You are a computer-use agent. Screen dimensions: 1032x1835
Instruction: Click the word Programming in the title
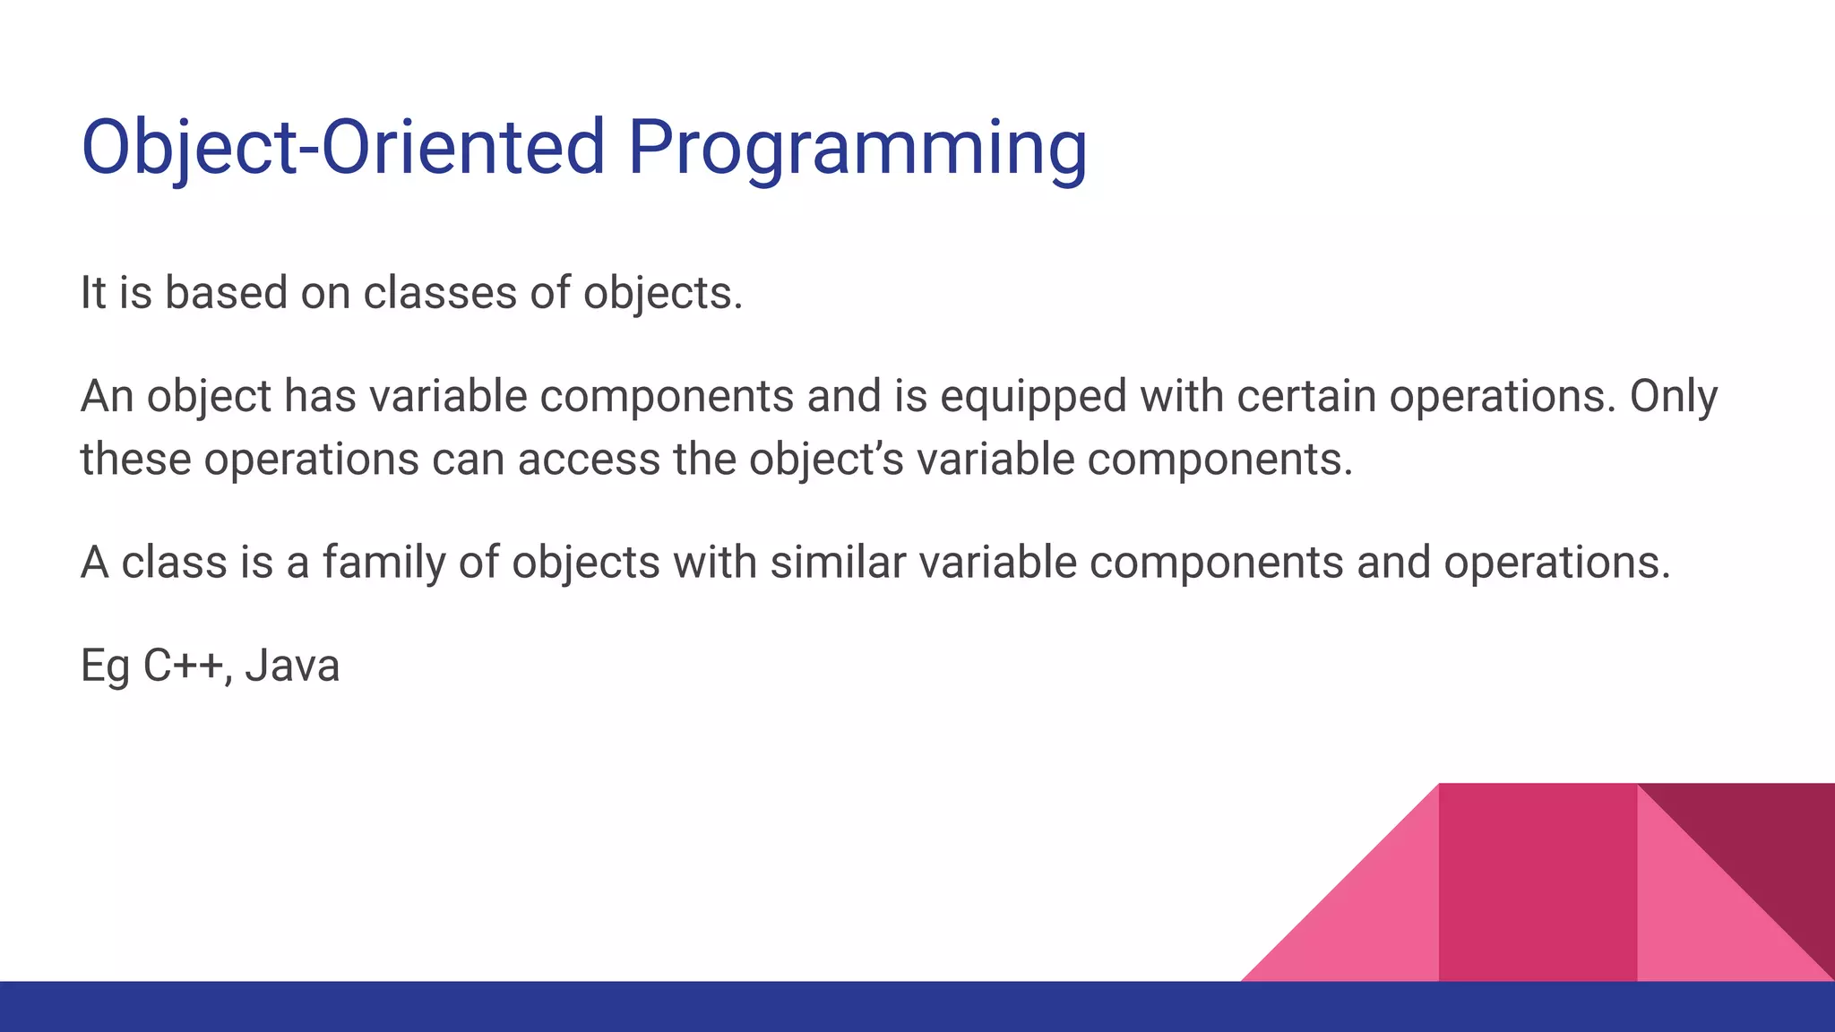pos(857,148)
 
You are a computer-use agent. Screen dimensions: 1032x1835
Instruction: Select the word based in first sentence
pos(225,293)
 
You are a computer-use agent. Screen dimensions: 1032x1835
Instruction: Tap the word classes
pos(440,293)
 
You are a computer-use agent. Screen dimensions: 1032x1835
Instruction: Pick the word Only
pos(1673,397)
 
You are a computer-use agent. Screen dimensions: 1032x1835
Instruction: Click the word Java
pos(292,666)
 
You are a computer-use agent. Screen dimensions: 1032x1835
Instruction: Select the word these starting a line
pos(135,460)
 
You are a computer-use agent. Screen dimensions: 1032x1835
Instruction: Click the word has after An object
pos(320,396)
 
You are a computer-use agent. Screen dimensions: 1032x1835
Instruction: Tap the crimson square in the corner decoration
pos(1538,882)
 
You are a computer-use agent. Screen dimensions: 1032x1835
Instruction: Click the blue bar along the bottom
pos(917,1007)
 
